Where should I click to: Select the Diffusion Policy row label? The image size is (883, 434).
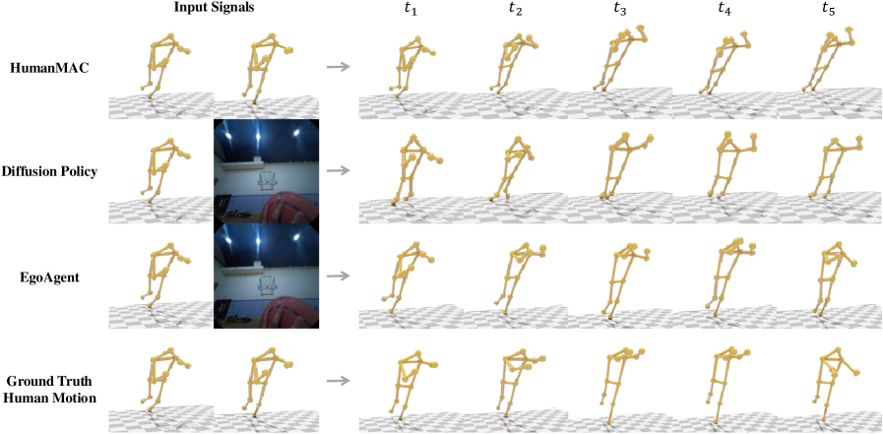[x=49, y=171]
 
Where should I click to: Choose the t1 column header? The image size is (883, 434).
[x=411, y=10]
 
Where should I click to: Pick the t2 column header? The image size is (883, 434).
[x=515, y=10]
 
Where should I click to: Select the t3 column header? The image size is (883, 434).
[x=619, y=10]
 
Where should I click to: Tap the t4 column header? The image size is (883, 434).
[x=725, y=10]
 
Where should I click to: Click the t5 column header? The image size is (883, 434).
[x=830, y=10]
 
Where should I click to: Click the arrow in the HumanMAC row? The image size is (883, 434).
[x=338, y=68]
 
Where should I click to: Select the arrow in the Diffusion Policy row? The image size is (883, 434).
[x=338, y=171]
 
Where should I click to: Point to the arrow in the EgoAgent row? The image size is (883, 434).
[x=338, y=276]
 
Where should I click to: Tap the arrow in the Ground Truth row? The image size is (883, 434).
[x=338, y=381]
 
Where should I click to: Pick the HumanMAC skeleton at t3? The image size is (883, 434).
[x=618, y=59]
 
